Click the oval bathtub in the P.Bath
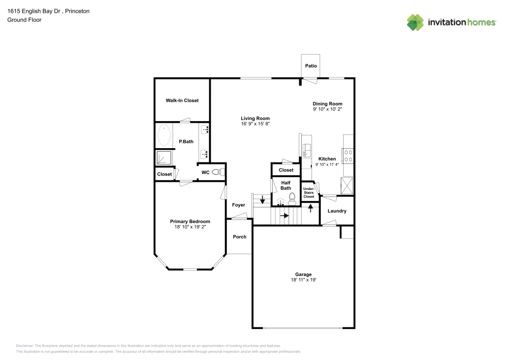164,136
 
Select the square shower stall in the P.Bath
163,158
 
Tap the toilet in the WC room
217,172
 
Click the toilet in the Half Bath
292,198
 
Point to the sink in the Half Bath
281,202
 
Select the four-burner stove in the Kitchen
349,155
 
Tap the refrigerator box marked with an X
347,184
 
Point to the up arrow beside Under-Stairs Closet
310,208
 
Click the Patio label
310,66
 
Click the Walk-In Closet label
182,100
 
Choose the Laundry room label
337,211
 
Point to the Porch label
239,237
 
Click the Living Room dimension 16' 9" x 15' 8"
255,124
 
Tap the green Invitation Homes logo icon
415,22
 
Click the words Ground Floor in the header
24,20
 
